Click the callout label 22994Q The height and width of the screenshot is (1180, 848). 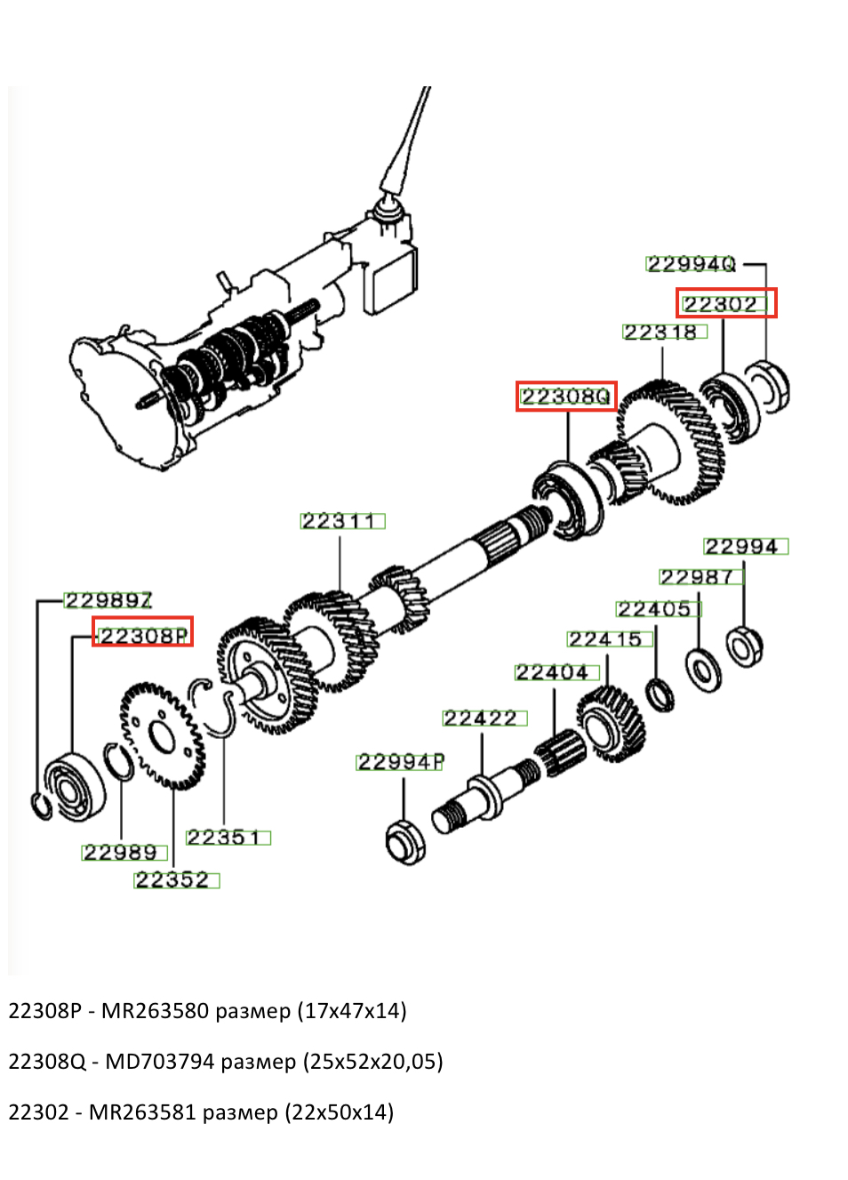691,264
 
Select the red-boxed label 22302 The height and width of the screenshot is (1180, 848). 724,304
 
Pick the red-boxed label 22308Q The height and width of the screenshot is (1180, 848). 566,397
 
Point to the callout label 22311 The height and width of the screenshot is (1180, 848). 342,521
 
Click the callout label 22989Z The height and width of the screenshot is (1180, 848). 108,600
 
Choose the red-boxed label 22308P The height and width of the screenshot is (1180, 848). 143,635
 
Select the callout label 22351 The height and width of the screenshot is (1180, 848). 228,838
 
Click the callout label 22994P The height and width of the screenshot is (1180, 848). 400,762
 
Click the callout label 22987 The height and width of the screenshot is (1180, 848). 700,577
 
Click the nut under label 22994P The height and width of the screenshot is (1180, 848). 405,842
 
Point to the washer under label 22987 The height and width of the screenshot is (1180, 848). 703,670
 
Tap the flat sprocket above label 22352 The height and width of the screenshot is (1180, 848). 163,735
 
